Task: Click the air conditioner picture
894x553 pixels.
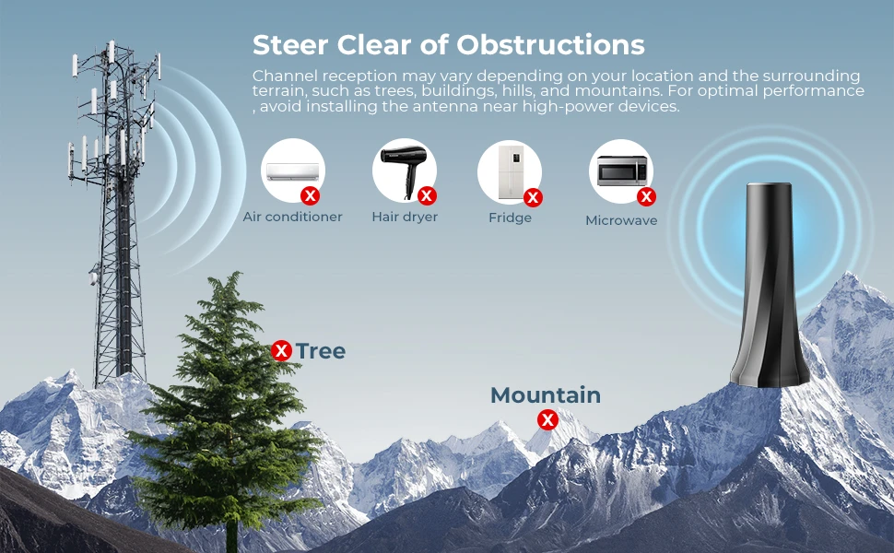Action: click(x=293, y=171)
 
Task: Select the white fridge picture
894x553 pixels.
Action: click(x=511, y=172)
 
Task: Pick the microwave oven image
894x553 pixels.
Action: click(x=622, y=171)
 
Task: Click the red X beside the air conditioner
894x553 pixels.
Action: click(x=311, y=196)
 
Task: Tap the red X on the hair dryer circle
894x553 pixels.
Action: click(x=427, y=196)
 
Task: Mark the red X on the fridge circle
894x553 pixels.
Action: click(x=533, y=198)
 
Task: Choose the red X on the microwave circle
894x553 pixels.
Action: click(x=647, y=196)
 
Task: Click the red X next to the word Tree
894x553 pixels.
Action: click(x=281, y=350)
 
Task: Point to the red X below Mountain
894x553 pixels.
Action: click(x=547, y=420)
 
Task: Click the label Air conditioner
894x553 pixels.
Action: click(x=292, y=217)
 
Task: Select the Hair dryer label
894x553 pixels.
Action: click(x=405, y=217)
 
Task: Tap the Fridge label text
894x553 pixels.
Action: click(x=511, y=218)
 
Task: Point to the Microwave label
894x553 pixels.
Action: click(x=621, y=220)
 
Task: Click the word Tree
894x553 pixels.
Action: click(x=321, y=351)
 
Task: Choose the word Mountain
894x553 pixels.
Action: click(x=546, y=395)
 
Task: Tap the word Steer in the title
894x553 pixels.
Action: click(x=290, y=44)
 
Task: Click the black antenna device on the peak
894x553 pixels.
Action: click(x=770, y=285)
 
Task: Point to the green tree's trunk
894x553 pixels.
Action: click(x=231, y=533)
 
